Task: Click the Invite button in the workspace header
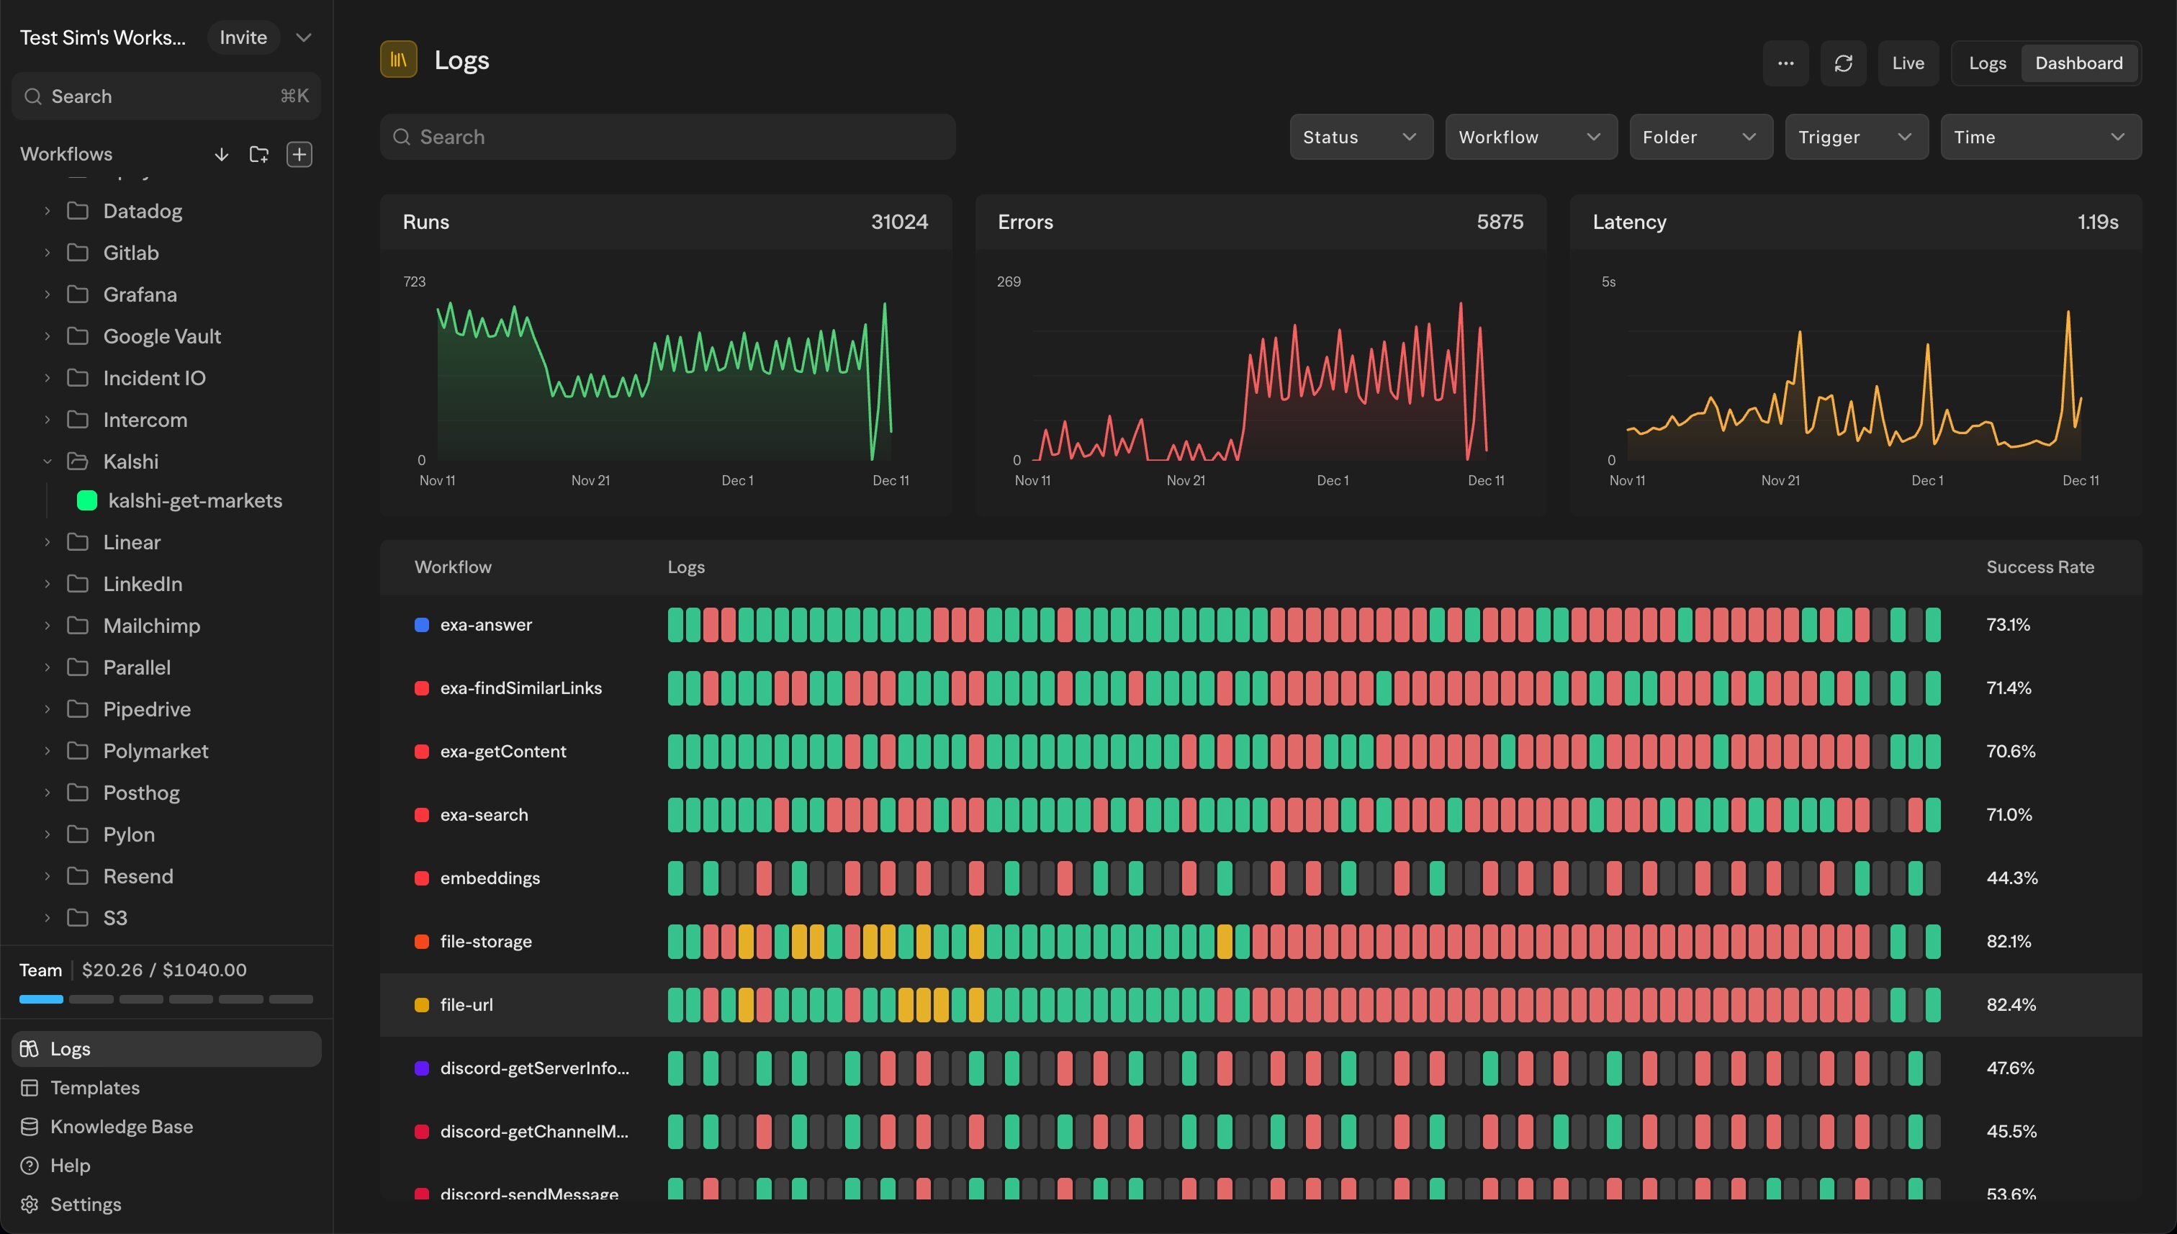tap(243, 37)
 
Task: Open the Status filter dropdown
tap(1360, 138)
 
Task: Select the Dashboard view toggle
tap(2078, 63)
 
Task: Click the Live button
tap(1908, 63)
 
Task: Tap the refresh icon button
tap(1843, 63)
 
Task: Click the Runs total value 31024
tap(899, 222)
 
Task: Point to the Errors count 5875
tap(1499, 222)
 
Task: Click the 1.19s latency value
tap(2097, 222)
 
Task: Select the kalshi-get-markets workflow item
tap(195, 501)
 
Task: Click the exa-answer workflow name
tap(485, 625)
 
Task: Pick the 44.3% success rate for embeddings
tap(2011, 878)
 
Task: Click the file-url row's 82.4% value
tap(2010, 1005)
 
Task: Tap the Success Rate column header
tap(2039, 567)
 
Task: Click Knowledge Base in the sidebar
tap(121, 1126)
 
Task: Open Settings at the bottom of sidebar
tap(85, 1204)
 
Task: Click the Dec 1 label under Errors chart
tap(1332, 480)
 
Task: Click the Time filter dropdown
tap(2039, 138)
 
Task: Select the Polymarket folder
tap(155, 751)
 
